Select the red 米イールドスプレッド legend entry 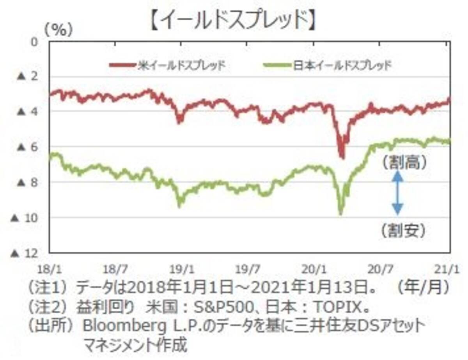168,65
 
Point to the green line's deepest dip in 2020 340,214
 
